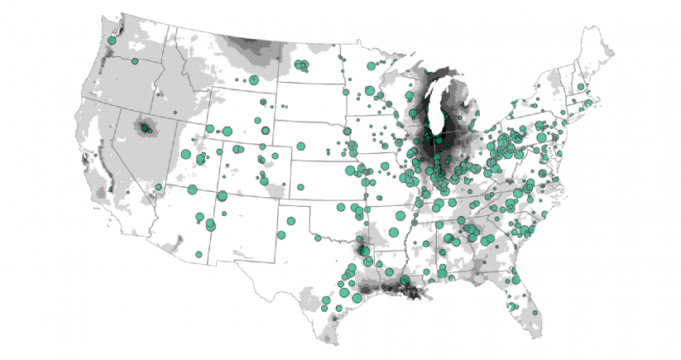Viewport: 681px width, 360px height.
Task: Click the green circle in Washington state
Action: [x=112, y=39]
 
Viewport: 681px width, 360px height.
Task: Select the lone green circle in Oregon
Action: [x=135, y=60]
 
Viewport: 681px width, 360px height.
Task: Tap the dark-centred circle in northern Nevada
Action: [x=145, y=128]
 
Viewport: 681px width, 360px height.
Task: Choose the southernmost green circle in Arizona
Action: [x=199, y=253]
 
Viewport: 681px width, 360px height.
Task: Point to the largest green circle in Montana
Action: [x=253, y=79]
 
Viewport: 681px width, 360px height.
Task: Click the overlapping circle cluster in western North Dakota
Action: [x=303, y=65]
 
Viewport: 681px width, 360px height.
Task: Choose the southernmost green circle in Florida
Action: [x=535, y=313]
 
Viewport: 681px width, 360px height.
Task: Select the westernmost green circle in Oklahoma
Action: [x=316, y=238]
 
